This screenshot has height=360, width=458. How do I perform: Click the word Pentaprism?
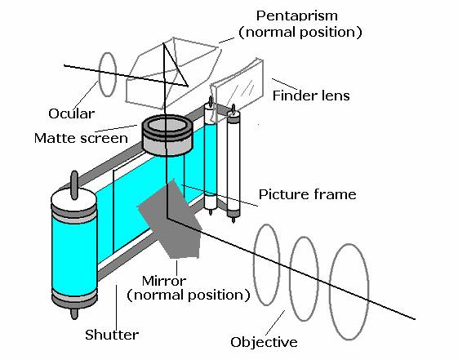[297, 16]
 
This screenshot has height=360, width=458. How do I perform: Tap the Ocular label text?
[72, 113]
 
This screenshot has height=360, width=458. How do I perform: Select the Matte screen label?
[81, 138]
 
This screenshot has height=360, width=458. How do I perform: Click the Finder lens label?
[311, 96]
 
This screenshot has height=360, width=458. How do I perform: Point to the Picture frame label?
[308, 194]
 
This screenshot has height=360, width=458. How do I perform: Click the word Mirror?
[164, 281]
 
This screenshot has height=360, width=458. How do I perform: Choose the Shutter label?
[112, 335]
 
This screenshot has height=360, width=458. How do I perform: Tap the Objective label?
[264, 342]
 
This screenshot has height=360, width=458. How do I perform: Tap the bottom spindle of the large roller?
[74, 313]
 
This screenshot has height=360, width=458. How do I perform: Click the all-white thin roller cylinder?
[233, 163]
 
